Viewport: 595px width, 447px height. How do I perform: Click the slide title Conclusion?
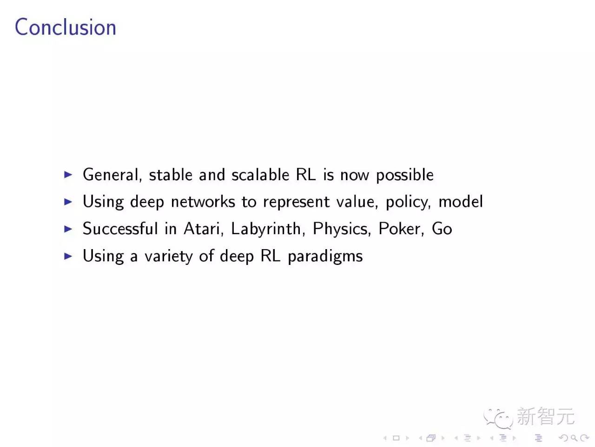[x=65, y=27]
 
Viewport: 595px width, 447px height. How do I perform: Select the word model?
[x=461, y=202]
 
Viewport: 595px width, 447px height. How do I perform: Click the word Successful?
[x=120, y=229]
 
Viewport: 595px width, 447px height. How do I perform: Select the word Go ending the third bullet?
[x=442, y=229]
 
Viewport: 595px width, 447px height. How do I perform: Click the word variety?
[x=168, y=257]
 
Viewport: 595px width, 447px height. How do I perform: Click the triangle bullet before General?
[x=68, y=175]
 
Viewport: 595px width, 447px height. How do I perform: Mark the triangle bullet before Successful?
[x=68, y=229]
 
